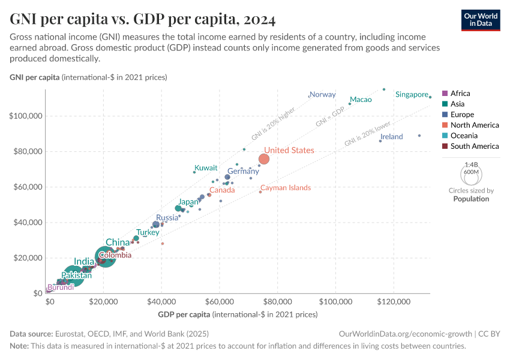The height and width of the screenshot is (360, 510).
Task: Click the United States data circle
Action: tap(263, 159)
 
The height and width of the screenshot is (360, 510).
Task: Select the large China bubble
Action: tap(105, 256)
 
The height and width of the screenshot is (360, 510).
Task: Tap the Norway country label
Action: tap(323, 94)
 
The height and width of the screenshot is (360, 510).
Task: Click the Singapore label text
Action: tap(411, 94)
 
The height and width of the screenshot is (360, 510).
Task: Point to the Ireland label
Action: tap(392, 137)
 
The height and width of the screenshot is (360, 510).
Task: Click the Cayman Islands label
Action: tap(286, 188)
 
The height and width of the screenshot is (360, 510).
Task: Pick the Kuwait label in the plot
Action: tap(206, 168)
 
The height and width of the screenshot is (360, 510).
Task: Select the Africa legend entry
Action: tap(460, 94)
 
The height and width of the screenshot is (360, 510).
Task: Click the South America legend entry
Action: tap(474, 146)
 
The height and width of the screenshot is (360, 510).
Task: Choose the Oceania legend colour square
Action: tap(445, 136)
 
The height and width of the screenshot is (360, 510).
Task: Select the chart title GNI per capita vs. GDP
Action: tap(143, 20)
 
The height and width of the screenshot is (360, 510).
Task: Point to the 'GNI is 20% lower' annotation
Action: tap(367, 133)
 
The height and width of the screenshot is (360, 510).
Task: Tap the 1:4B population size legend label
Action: tap(471, 164)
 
